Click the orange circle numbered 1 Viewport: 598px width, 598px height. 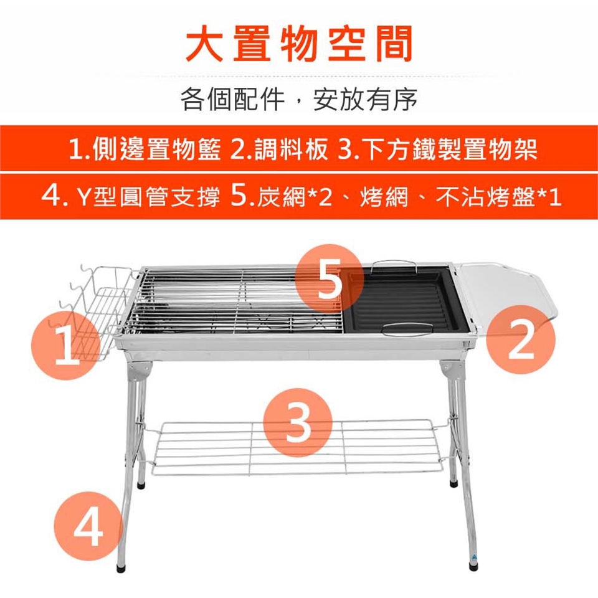pos(65,346)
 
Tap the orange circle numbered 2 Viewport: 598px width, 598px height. pos(521,339)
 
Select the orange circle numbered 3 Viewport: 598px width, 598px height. pos(298,423)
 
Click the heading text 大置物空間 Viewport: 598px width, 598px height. pos(299,44)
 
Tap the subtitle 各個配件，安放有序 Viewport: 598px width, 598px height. pos(299,99)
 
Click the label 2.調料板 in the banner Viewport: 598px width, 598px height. pos(280,149)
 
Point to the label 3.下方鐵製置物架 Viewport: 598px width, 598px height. pos(438,149)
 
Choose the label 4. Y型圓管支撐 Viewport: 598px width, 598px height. pos(130,197)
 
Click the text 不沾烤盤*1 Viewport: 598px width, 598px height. pos(499,197)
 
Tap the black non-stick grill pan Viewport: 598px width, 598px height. pos(404,300)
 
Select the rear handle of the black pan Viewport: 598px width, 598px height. pos(394,265)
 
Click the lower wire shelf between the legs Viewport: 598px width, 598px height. pos(298,447)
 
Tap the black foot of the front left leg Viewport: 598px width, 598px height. pos(121,568)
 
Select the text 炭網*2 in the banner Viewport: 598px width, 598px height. pos(295,197)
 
